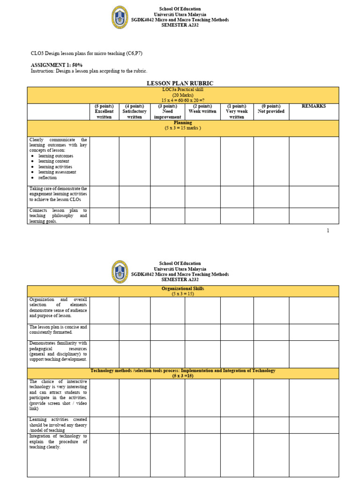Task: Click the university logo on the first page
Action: click(x=120, y=17)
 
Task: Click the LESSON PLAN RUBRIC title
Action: click(x=180, y=83)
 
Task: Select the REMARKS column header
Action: click(x=314, y=106)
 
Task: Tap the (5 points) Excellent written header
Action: click(x=104, y=112)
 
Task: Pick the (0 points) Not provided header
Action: click(x=271, y=109)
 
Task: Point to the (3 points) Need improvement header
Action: click(x=167, y=112)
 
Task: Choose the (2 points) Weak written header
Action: click(x=202, y=109)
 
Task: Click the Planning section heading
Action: click(x=183, y=123)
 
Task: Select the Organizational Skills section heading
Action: click(x=183, y=289)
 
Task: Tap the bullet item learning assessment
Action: click(x=57, y=172)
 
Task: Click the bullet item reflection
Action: click(x=47, y=178)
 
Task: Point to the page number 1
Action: click(x=328, y=231)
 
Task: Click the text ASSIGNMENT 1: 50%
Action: click(x=57, y=65)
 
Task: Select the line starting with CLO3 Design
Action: click(x=86, y=53)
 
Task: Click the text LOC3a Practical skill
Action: click(x=183, y=89)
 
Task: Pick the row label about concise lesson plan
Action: click(x=58, y=330)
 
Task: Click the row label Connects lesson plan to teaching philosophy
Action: click(x=58, y=216)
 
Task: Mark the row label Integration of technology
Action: click(x=58, y=442)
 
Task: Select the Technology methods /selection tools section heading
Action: click(x=183, y=371)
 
